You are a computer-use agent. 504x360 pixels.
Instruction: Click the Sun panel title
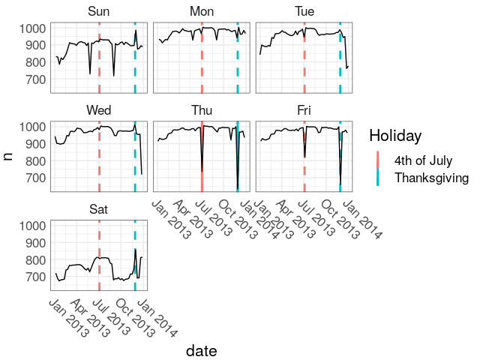tap(98, 11)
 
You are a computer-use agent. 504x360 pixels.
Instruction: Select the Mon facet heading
tap(201, 11)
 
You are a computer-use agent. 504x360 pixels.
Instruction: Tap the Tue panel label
tap(304, 11)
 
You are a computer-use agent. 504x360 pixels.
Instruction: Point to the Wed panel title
tap(98, 110)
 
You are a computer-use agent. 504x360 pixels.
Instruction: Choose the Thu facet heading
tap(201, 110)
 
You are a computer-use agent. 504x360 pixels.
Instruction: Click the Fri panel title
tap(304, 110)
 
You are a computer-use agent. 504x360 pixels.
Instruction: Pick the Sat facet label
tap(98, 209)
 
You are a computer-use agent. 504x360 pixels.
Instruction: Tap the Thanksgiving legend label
tap(431, 178)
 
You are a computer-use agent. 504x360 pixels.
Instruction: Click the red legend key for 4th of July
tap(378, 160)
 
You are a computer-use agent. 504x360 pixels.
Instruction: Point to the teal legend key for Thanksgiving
tap(378, 178)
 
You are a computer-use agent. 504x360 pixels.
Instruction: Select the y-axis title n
tap(9, 155)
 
